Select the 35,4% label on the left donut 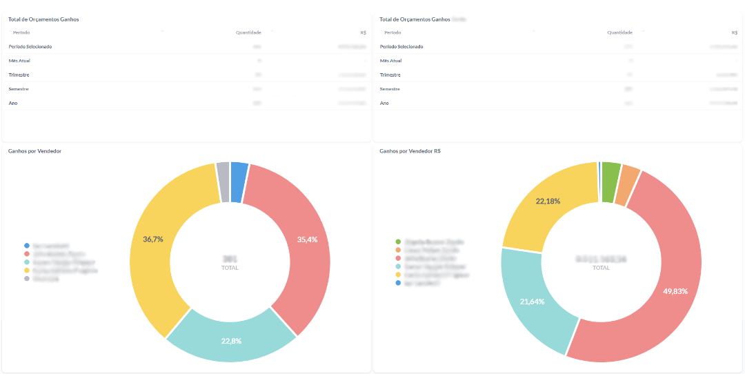(x=308, y=239)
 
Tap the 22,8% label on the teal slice (x=231, y=341)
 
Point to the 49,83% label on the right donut (x=675, y=291)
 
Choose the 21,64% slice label (x=531, y=302)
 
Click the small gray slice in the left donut (x=222, y=182)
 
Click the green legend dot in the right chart (x=398, y=242)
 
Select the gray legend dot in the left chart (x=27, y=278)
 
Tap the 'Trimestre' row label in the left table (x=19, y=75)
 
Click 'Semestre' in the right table (x=390, y=89)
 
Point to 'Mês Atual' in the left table (x=19, y=61)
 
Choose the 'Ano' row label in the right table (x=384, y=103)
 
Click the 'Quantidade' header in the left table (x=248, y=32)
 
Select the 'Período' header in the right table (x=393, y=32)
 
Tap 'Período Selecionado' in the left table (x=30, y=46)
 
